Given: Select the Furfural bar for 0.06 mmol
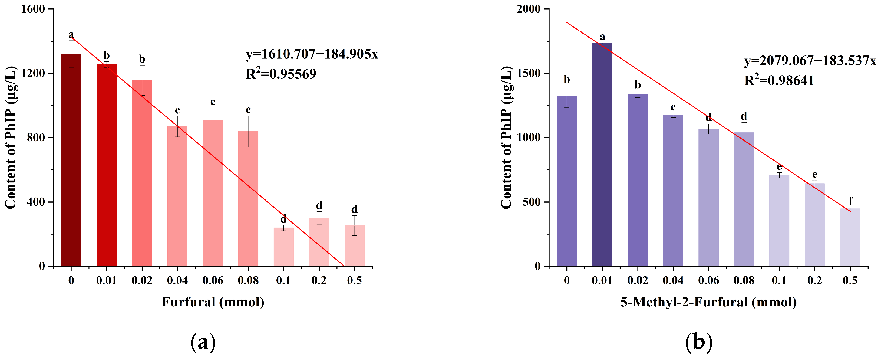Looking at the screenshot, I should pyautogui.click(x=213, y=193).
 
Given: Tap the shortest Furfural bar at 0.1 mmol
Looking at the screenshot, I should pyautogui.click(x=283, y=247).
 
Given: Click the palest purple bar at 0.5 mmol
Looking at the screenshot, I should pyautogui.click(x=850, y=237).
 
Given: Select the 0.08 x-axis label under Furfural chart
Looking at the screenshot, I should pyautogui.click(x=248, y=281).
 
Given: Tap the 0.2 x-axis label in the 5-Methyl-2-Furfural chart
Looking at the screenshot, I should pyautogui.click(x=815, y=281).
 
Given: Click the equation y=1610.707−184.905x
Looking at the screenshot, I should pyautogui.click(x=312, y=54).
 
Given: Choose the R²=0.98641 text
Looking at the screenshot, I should pyautogui.click(x=779, y=81).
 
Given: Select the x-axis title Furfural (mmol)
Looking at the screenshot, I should pyautogui.click(x=213, y=302).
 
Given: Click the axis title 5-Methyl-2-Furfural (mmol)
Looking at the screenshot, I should pyautogui.click(x=708, y=302).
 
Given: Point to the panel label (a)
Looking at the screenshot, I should pyautogui.click(x=203, y=342).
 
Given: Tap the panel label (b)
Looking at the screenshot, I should pyautogui.click(x=699, y=342).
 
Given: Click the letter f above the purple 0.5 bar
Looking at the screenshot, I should pyautogui.click(x=850, y=201).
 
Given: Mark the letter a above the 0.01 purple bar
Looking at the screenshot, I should pyautogui.click(x=602, y=37).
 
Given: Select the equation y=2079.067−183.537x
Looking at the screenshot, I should pyautogui.click(x=810, y=61).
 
